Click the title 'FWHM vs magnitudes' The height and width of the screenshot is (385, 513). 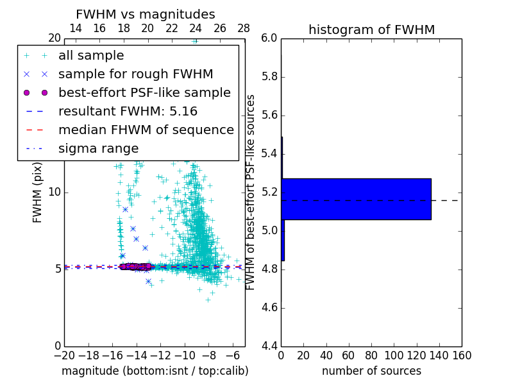point(146,14)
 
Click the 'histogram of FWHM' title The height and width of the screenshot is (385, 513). point(371,30)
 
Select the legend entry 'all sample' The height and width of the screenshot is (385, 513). point(91,56)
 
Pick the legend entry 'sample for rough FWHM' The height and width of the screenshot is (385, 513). point(135,74)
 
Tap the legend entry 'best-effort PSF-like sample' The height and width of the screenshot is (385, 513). point(144,93)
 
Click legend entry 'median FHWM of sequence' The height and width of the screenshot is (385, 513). point(146,130)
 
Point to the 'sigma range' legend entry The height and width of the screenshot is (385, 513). point(98,149)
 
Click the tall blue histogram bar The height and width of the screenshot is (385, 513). point(356,199)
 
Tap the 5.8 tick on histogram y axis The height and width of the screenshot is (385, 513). point(269,76)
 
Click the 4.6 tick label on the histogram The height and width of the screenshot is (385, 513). point(269,308)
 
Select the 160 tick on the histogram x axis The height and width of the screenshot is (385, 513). point(462,355)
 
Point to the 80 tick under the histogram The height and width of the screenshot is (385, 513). point(371,355)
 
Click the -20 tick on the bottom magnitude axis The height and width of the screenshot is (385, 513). point(64,355)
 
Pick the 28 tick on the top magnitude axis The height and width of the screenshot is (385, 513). point(244,29)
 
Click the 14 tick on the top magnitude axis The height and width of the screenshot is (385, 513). point(75,29)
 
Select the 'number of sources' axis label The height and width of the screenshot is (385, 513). point(371,371)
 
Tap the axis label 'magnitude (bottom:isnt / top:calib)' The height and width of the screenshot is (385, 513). point(155,371)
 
